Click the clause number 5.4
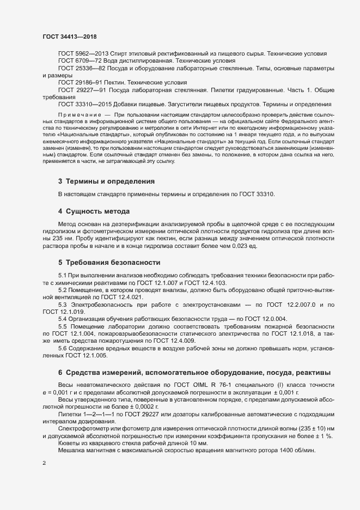(x=63, y=318)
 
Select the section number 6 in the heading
(x=60, y=372)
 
